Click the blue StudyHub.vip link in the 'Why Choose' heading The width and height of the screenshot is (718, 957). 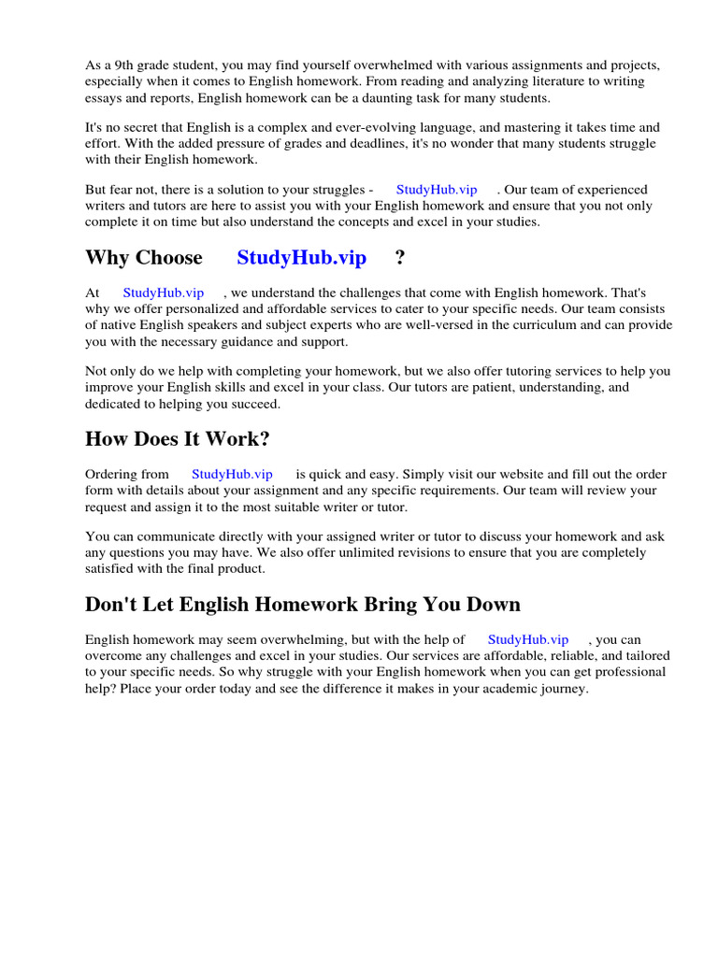point(301,258)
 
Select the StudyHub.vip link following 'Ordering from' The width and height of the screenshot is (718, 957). point(232,474)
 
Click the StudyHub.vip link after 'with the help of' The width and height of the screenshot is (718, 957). point(528,639)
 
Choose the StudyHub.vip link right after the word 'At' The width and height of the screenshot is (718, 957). point(164,293)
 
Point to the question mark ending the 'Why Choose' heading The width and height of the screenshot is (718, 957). point(400,258)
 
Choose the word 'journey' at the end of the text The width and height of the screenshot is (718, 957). point(563,688)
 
